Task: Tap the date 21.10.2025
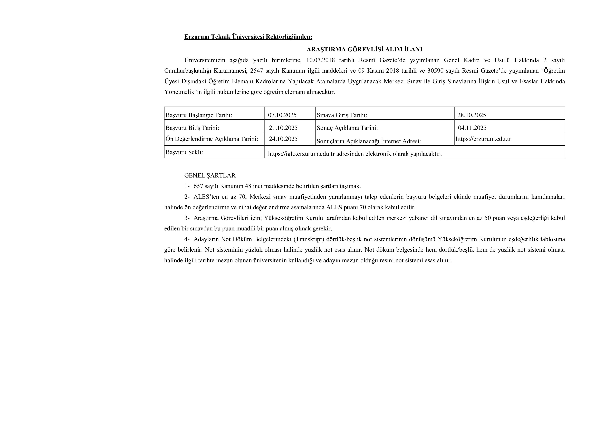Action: click(x=283, y=128)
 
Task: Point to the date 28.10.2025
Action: click(x=471, y=115)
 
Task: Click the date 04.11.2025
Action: click(x=472, y=128)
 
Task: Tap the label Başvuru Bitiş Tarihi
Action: click(x=192, y=128)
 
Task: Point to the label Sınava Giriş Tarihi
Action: click(x=342, y=115)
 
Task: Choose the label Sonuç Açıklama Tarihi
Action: click(x=347, y=128)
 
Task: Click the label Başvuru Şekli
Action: click(x=184, y=152)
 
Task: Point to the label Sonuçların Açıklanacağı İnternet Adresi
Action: click(x=369, y=141)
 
